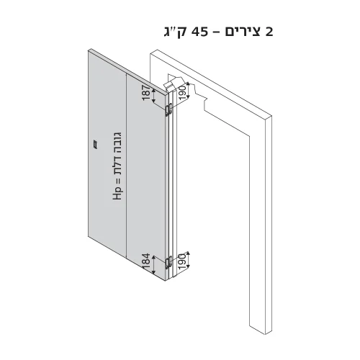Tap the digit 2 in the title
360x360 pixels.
[x=269, y=32]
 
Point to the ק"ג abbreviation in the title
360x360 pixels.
[x=174, y=32]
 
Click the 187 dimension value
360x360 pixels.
[x=146, y=93]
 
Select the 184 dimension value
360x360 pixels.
[x=146, y=261]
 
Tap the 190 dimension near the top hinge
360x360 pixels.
[x=183, y=93]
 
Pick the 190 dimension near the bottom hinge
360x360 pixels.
[x=183, y=261]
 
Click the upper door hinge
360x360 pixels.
[x=168, y=109]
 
